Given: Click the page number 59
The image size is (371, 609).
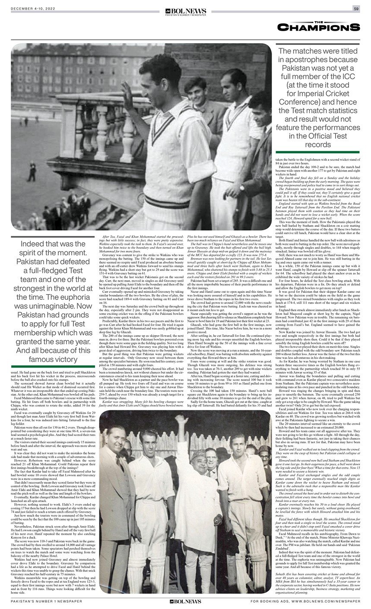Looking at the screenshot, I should [356, 9].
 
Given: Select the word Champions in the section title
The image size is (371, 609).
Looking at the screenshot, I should [319, 27].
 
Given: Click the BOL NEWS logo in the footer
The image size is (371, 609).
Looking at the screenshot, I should [185, 601].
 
